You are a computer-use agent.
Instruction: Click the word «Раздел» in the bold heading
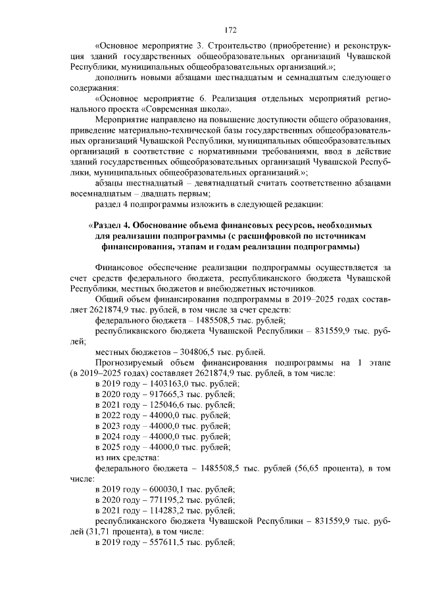tap(108, 228)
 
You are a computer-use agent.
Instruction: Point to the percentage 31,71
tap(94, 532)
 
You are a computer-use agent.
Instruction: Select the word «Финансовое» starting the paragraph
tap(120, 268)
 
